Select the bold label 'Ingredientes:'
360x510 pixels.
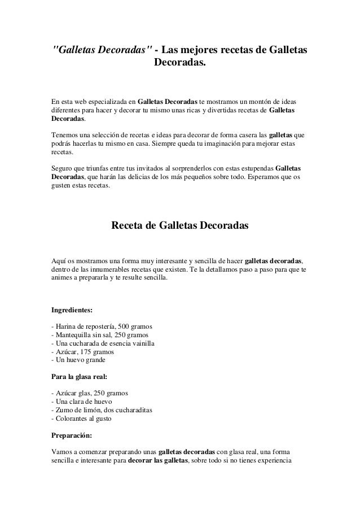(73, 310)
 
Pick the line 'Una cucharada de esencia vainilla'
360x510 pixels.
(103, 343)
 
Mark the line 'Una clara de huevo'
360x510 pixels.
(82, 400)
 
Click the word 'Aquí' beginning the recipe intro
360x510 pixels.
(59, 261)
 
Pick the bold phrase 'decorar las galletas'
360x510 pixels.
(157, 461)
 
